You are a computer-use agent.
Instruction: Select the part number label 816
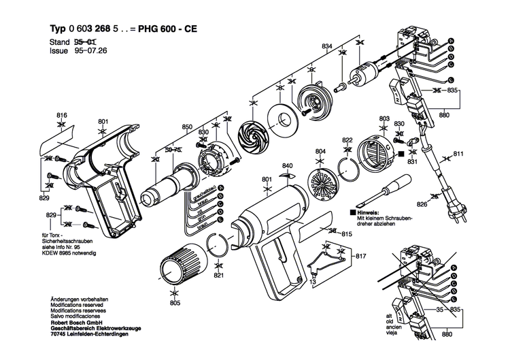coord(62,114)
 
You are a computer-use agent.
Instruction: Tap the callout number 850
coord(187,127)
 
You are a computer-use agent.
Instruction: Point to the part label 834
coord(327,46)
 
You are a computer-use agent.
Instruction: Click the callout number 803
coord(384,119)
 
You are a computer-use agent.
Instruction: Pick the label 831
coord(412,162)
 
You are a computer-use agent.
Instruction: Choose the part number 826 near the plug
coord(422,204)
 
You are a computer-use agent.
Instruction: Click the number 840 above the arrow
coord(288,166)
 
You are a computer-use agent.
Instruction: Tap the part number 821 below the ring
coord(218,276)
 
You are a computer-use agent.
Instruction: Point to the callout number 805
coord(175,302)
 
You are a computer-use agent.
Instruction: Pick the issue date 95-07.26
coord(88,50)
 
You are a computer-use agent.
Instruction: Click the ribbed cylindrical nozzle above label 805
coord(181,264)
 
